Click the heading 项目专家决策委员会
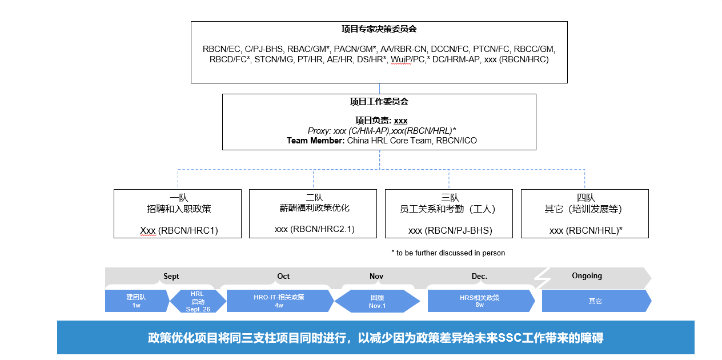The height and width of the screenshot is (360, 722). pos(379,29)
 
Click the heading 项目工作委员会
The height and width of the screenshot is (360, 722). pos(379,102)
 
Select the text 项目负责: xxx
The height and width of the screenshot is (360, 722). pos(381,121)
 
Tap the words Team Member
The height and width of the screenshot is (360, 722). pos(315,140)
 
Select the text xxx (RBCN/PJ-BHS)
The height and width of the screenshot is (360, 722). pos(450,231)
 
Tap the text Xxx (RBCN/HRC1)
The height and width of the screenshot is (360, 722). pos(179,231)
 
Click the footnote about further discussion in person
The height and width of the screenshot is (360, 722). pos(448,253)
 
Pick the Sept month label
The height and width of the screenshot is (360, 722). pos(171,277)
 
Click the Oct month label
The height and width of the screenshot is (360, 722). pos(283,277)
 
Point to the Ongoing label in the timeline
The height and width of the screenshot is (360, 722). pos(587,276)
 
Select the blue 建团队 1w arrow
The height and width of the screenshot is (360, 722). pos(137,301)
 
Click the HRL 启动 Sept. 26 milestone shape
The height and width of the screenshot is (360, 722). pos(198,301)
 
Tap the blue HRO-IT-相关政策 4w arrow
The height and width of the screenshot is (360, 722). pos(279,301)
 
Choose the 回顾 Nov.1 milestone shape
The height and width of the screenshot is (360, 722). pos(377,301)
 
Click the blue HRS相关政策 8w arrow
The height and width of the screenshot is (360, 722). pos(480,301)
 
